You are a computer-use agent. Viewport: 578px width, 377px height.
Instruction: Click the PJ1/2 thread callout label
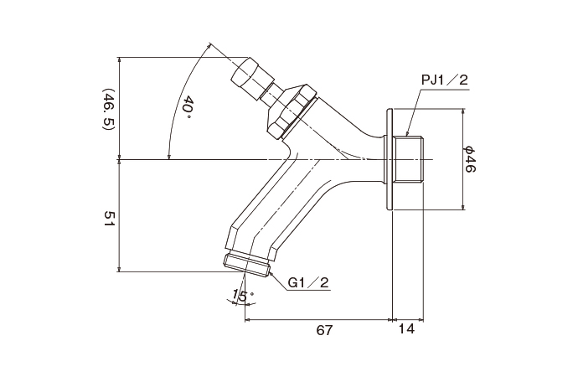(x=444, y=80)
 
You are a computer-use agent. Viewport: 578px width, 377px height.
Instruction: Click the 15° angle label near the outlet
(x=241, y=295)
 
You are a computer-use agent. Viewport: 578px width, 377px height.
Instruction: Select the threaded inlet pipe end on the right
(x=410, y=159)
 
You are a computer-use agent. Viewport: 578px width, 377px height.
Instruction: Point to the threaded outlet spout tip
(x=247, y=263)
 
